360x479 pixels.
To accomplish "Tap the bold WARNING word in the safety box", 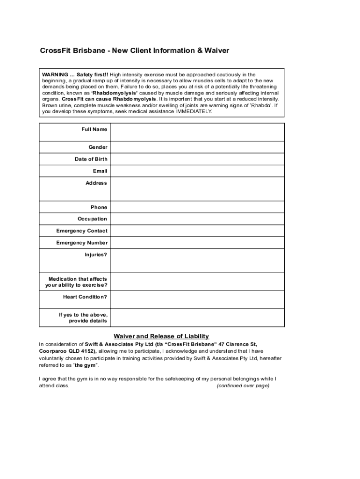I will (55, 74).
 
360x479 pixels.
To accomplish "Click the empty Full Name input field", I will (197, 132).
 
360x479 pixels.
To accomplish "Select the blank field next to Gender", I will (197, 147).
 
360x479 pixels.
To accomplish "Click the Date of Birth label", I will (91, 159).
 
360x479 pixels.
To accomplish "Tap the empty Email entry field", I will (197, 171).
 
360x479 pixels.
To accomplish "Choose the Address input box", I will (197, 189).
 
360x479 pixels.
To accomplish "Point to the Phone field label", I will (99, 207).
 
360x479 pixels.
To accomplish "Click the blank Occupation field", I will (197, 219).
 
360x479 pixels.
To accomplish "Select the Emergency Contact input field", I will (197, 231).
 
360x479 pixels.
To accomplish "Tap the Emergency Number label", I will (82, 243).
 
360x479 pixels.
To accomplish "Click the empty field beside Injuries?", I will (197, 261).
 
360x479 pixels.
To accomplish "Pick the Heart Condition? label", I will (85, 297).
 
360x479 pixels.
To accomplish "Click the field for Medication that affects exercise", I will (197, 282).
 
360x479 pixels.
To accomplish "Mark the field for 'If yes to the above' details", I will (197, 318).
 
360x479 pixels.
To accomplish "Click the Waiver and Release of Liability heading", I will (161, 336).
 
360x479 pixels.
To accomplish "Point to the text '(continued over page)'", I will (243, 386).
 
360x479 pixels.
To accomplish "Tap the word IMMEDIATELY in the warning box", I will (193, 111).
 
